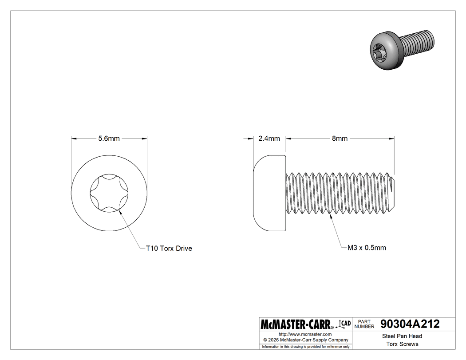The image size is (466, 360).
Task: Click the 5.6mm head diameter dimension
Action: coord(109,138)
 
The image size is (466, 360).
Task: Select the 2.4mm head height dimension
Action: coord(269,138)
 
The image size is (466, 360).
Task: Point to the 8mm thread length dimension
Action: coord(340,138)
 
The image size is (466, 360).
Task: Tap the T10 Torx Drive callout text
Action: coord(169,249)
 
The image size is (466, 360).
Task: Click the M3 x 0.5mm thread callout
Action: coord(367,248)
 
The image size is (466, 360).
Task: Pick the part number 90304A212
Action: coord(407,324)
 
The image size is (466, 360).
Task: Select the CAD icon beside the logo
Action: coord(344,324)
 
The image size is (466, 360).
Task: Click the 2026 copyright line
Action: coord(305,340)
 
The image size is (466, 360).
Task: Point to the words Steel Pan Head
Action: coord(402,336)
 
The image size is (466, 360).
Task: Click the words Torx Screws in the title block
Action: coord(402,344)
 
